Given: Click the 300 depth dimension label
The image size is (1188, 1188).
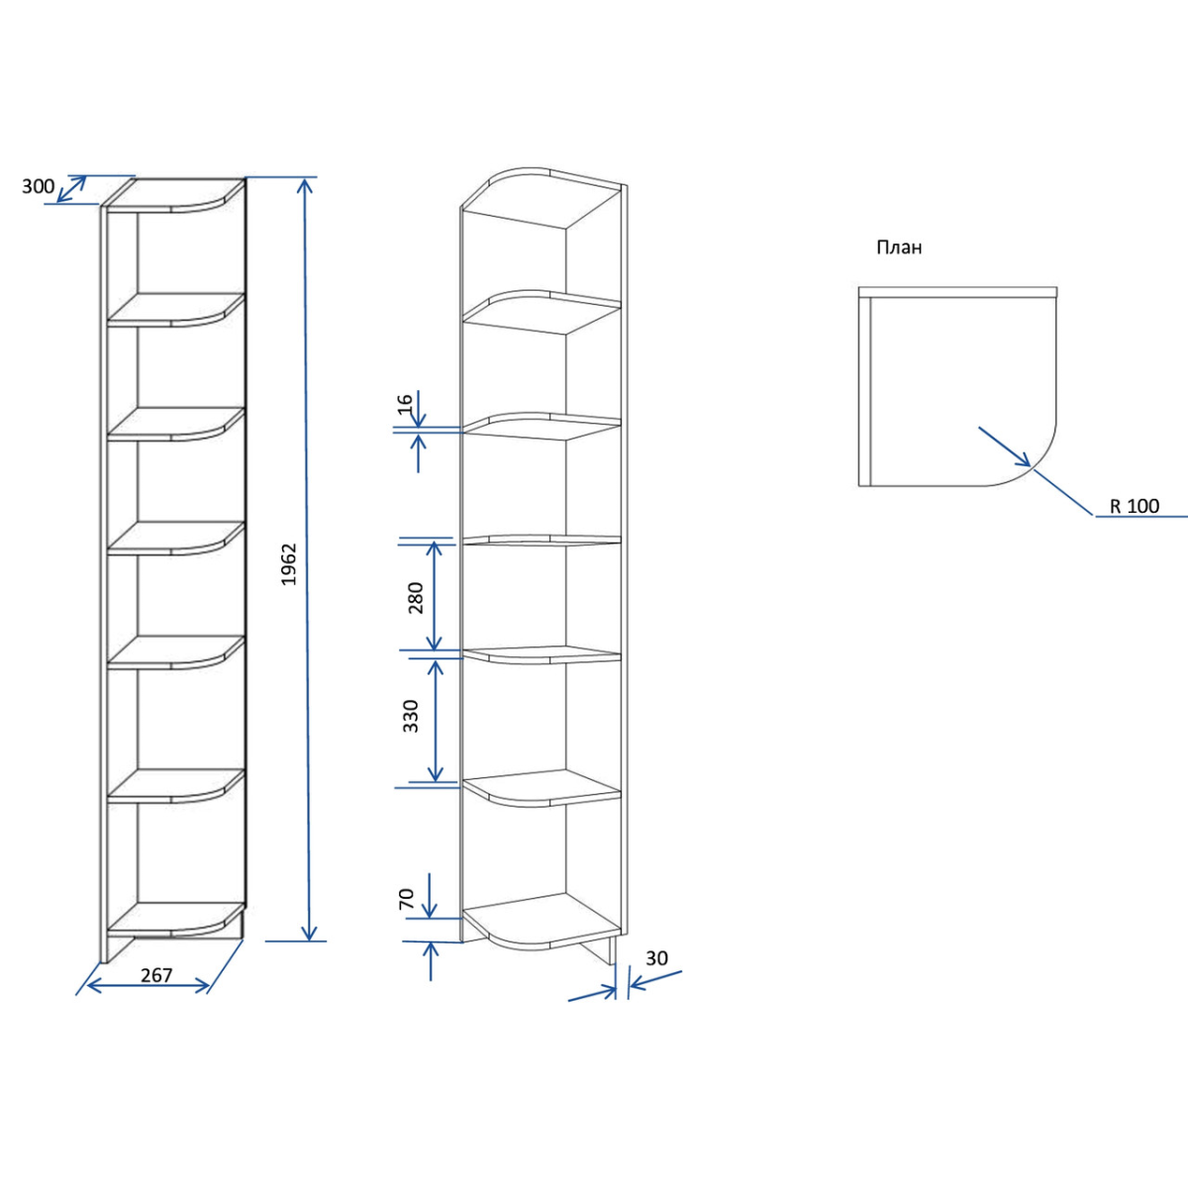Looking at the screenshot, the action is point(39,185).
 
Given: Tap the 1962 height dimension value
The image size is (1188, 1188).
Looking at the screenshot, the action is point(288,564).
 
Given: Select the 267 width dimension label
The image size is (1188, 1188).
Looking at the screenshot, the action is point(156,975).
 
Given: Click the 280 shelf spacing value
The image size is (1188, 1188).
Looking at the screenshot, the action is point(416,597).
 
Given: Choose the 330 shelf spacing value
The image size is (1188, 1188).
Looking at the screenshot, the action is point(410,716).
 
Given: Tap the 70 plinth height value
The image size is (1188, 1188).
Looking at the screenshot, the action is point(407,899).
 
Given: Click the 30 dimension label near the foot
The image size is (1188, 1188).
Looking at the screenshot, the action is point(656,958).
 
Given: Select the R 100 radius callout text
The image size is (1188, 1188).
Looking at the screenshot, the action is point(1135,506).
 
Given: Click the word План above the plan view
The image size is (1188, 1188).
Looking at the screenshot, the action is point(900,247).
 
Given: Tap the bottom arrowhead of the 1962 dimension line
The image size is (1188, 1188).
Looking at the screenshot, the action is point(310,933).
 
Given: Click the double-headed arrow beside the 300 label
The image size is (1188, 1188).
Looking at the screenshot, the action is point(71,189).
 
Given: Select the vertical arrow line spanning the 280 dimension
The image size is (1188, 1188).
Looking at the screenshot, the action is point(435,596).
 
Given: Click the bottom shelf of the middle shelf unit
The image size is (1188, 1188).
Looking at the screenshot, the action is point(541,919).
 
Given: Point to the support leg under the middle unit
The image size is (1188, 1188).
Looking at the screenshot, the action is point(599,950).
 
